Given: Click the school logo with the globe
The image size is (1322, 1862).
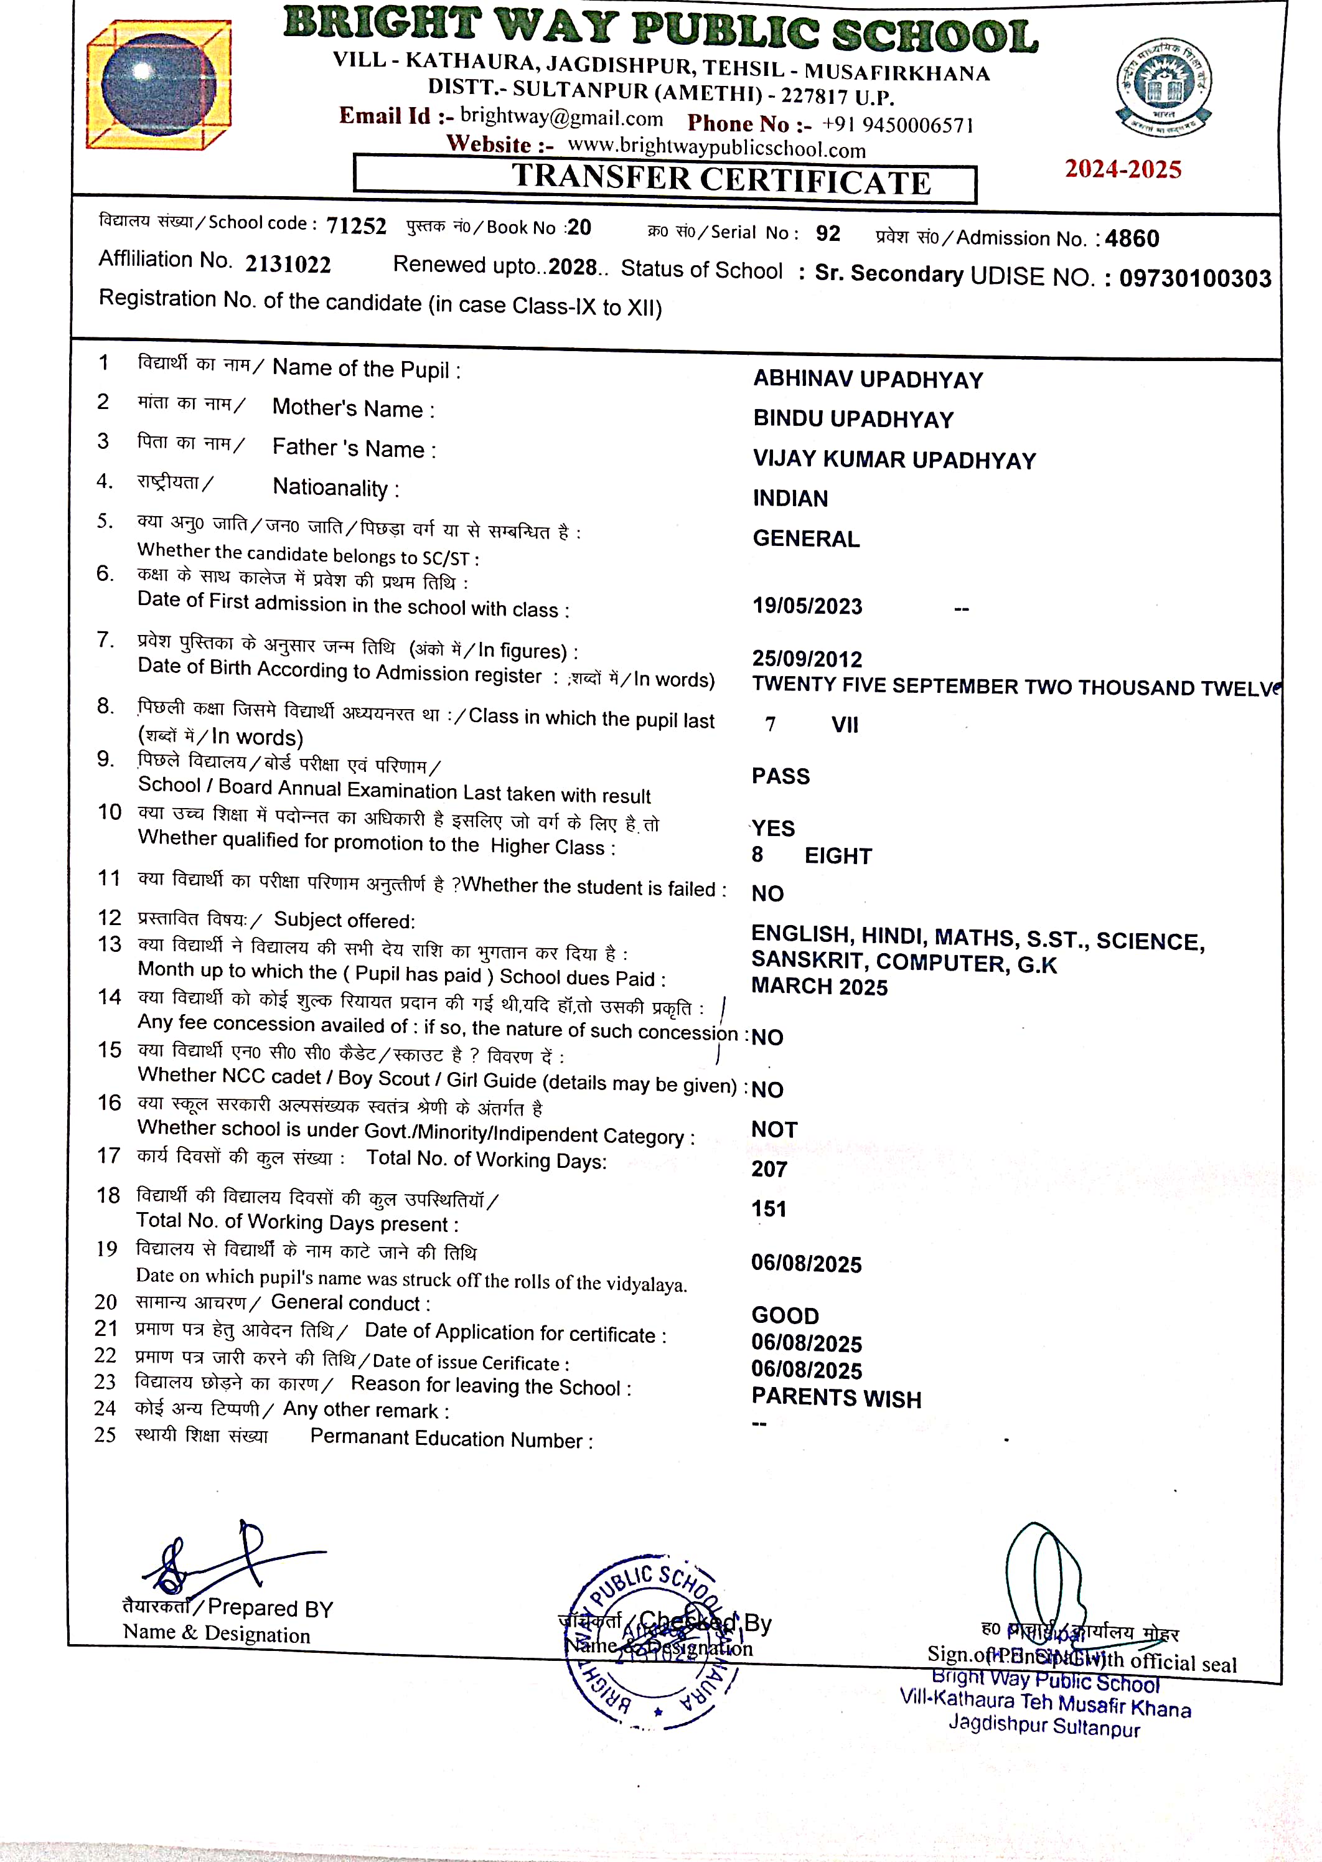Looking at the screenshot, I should (x=159, y=85).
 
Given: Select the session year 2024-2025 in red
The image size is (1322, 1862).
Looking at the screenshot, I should (x=1123, y=169).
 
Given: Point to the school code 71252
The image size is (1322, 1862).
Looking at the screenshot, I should (x=357, y=225).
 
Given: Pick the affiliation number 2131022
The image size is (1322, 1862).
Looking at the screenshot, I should (x=288, y=264).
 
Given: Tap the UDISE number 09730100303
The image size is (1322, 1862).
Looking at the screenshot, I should (x=1194, y=278).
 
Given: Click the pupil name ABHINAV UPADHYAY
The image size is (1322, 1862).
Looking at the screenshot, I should (x=868, y=379).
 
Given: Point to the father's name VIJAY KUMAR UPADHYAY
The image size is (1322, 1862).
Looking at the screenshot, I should (x=894, y=459).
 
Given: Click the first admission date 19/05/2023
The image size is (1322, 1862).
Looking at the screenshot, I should (x=807, y=606).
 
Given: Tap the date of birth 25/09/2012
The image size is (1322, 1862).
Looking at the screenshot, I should (x=807, y=659).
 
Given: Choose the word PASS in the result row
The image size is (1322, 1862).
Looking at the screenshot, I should (x=781, y=776).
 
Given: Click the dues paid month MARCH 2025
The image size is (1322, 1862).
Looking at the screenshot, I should (x=819, y=986).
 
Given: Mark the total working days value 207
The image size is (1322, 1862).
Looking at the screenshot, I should (x=769, y=1169).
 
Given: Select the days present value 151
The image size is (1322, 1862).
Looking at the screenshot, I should (x=769, y=1208).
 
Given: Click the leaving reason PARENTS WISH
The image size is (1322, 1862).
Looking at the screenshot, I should (x=836, y=1398).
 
